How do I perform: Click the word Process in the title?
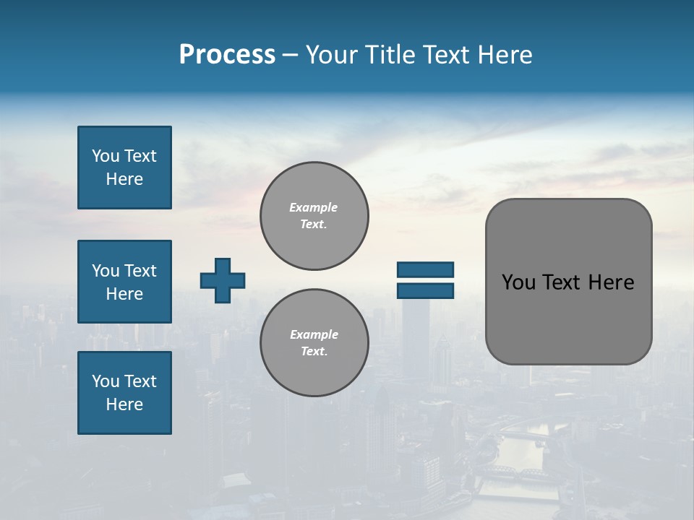pos(227,55)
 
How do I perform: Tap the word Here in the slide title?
pos(504,55)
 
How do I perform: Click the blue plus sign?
pos(223,280)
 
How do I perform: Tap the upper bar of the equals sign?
pos(425,269)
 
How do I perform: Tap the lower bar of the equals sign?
pos(425,290)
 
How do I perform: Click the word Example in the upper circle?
pos(313,207)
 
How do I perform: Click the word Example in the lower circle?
pos(314,334)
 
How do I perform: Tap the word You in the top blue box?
pos(105,156)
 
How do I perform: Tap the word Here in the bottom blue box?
pos(124,404)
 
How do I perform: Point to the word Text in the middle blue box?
pos(140,271)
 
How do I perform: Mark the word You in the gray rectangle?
pos(518,282)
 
